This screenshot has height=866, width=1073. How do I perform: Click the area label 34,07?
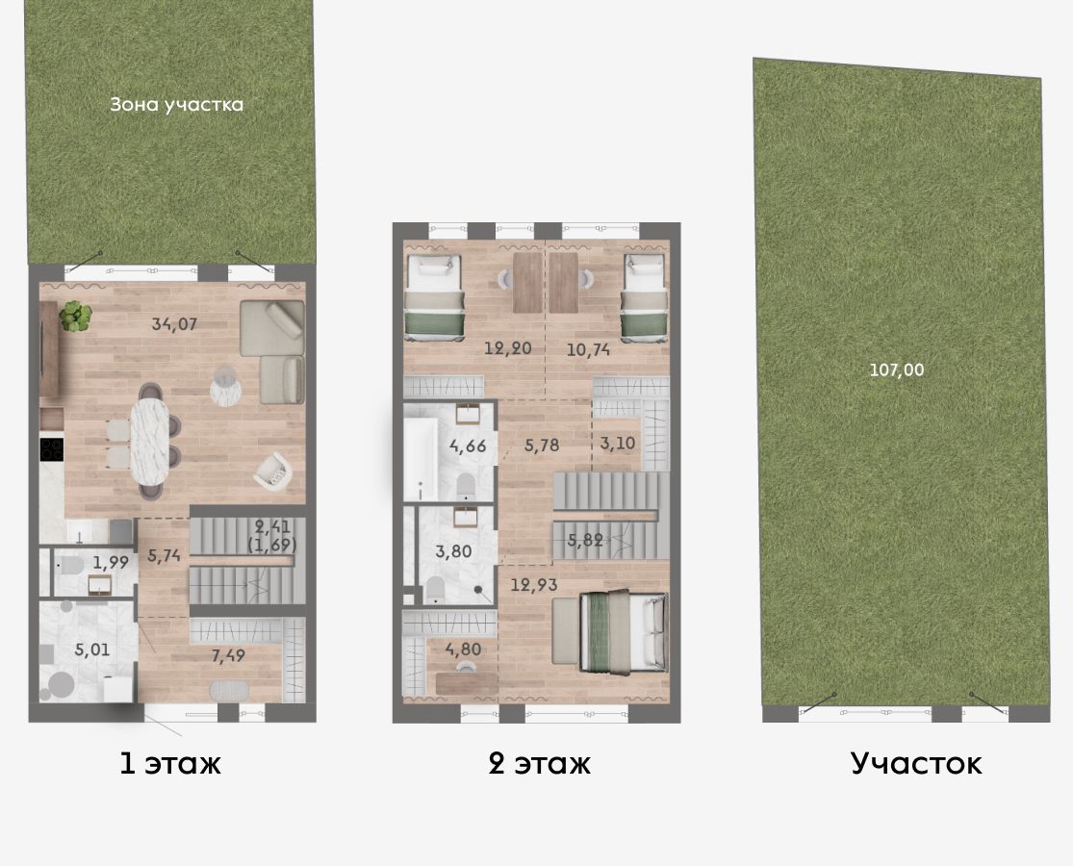174,323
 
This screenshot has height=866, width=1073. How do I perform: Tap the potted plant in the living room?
75,316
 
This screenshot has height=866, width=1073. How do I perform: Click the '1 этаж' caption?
170,763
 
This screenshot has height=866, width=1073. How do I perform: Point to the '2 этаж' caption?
539,763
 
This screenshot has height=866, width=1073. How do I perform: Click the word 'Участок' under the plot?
916,763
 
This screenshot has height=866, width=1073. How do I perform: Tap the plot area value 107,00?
897,370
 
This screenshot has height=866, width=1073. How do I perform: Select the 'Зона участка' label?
176,105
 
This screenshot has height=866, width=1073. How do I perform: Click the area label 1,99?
111,562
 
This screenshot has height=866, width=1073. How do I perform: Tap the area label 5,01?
91,649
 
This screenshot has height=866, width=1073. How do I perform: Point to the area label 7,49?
228,656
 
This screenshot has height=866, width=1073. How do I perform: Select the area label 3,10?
617,444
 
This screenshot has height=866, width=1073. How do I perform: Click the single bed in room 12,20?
435,297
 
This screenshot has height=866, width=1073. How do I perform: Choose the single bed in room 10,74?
644,297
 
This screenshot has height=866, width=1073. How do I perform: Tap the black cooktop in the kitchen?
52,448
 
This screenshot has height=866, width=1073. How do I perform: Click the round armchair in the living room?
273,470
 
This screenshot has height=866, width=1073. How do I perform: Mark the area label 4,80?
463,649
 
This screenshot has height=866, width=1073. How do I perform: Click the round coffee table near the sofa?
225,387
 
